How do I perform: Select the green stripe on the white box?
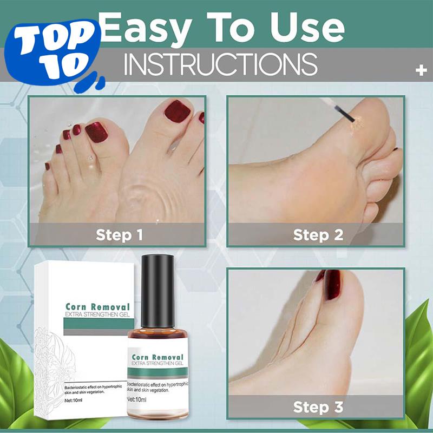tap(95, 324)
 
